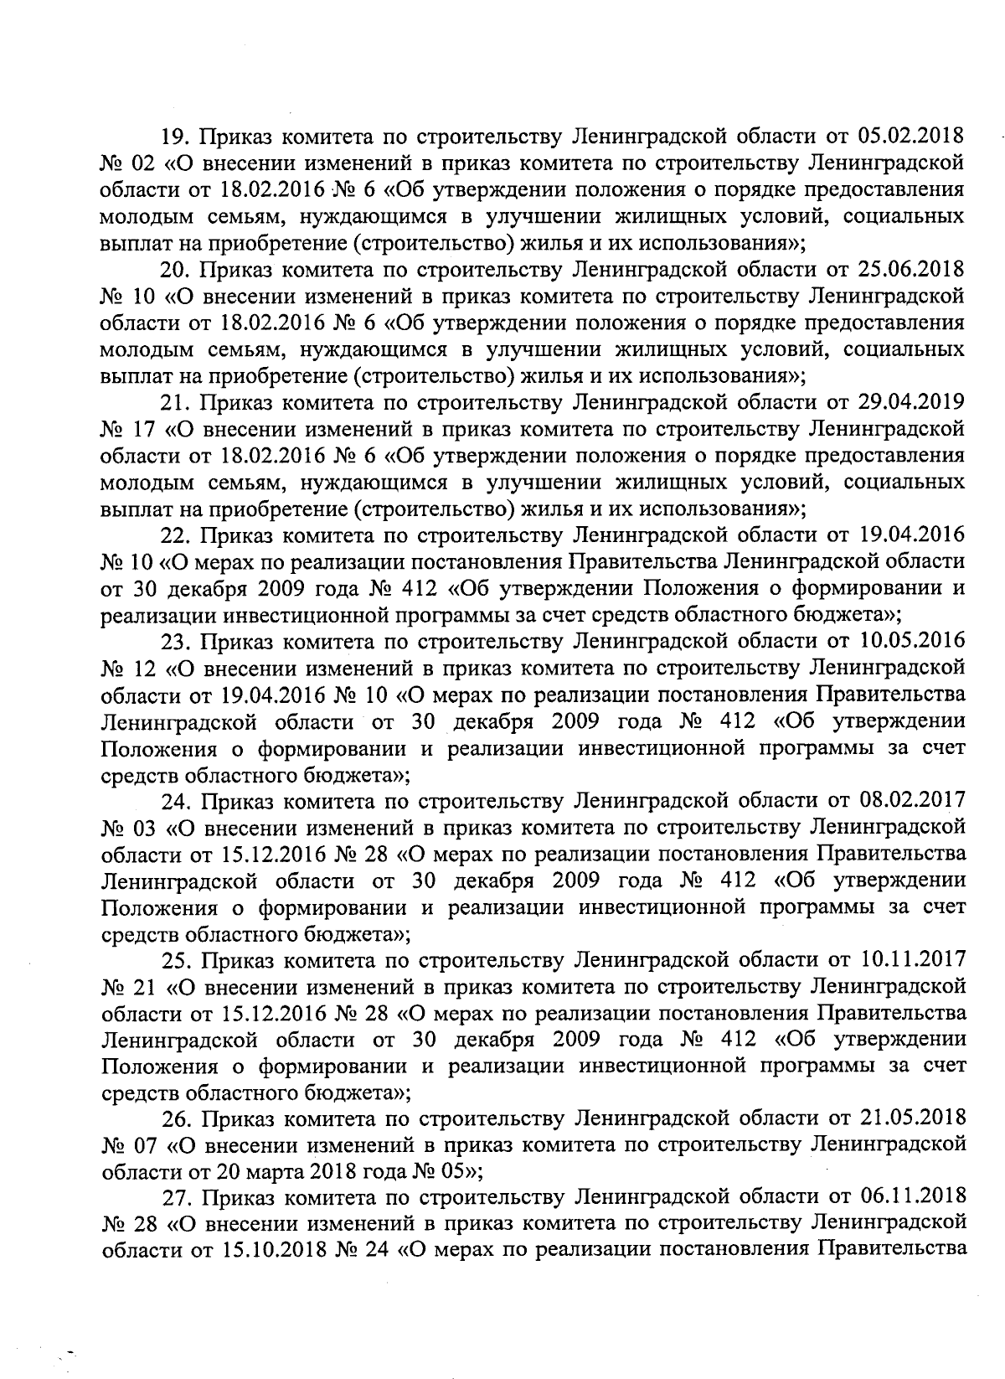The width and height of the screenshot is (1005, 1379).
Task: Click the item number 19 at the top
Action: click(x=173, y=136)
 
